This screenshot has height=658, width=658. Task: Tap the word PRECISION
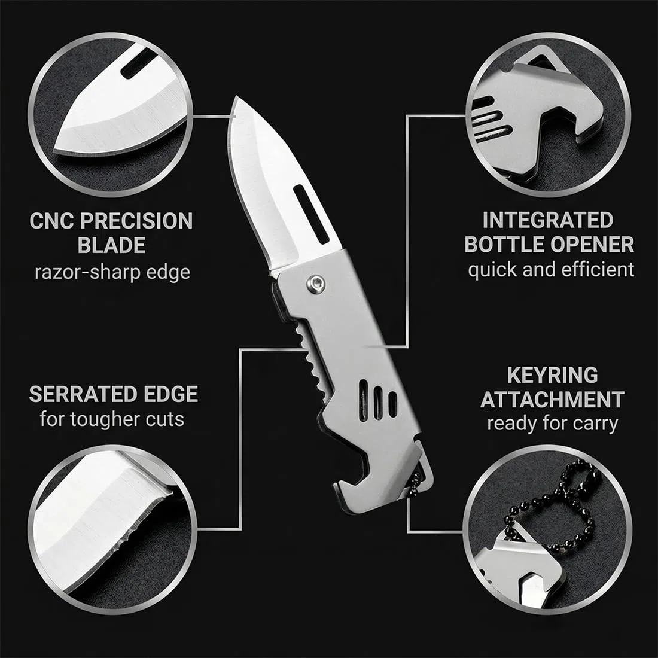[x=136, y=221]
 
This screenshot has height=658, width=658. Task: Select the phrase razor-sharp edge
[x=112, y=272]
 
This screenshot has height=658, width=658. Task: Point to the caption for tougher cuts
[x=112, y=419]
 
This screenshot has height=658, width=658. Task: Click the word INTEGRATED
[x=548, y=220]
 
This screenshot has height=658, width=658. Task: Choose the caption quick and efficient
[x=551, y=270]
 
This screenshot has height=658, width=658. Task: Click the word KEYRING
[x=552, y=375]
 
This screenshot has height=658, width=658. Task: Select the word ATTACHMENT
[x=552, y=400]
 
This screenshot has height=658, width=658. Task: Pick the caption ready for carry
[x=552, y=424]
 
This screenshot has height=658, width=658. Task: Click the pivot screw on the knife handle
[x=316, y=284]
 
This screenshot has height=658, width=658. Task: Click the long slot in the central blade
[x=312, y=214]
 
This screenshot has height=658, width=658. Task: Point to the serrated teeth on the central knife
[x=310, y=361]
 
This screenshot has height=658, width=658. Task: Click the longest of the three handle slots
[x=364, y=400]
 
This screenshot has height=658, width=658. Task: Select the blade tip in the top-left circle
[x=59, y=143]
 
